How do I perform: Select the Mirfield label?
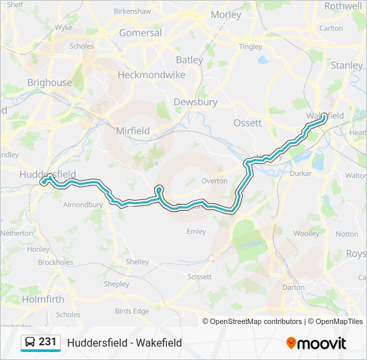[x=133, y=131]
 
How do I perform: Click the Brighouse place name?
[x=49, y=83]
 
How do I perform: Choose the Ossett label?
[x=248, y=123]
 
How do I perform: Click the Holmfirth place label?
[x=43, y=299]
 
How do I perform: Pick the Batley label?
[x=190, y=60]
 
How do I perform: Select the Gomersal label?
[x=140, y=33]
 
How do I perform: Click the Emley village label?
[x=196, y=232]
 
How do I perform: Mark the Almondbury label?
[x=83, y=205]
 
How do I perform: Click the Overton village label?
[x=214, y=181]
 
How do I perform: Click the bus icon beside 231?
[x=30, y=343]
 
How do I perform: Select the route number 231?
[x=47, y=342]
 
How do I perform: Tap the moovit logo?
[x=316, y=343]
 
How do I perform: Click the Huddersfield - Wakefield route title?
[x=124, y=343]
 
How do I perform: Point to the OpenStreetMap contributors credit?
[x=256, y=321]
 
